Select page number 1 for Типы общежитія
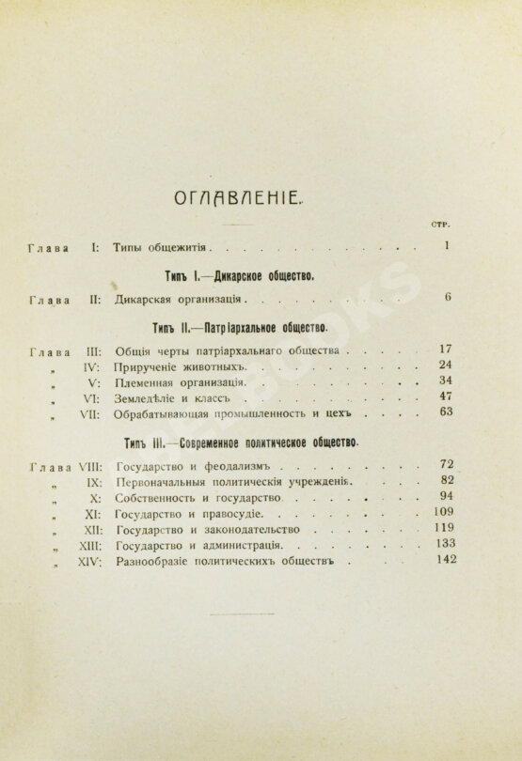(447, 247)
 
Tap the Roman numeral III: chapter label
(88, 352)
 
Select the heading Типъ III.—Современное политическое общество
(243, 442)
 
